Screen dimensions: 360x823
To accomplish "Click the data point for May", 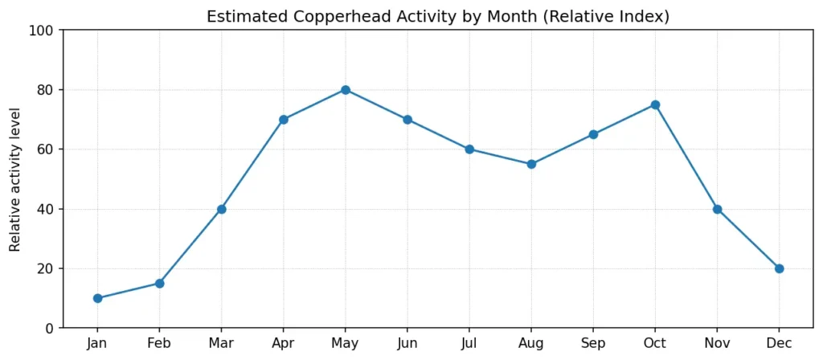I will (346, 90).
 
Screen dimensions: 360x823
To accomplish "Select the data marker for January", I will (97, 298).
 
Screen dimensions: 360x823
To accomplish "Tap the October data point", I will (655, 104).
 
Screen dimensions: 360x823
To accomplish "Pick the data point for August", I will (531, 164).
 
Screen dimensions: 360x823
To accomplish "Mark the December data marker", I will (779, 268).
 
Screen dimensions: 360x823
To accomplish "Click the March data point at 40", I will (221, 209).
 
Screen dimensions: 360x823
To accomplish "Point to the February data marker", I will (159, 283).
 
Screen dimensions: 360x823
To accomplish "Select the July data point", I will (469, 149).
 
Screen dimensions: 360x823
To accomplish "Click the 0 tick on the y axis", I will (50, 328).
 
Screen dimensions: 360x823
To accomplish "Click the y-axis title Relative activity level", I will (14, 179).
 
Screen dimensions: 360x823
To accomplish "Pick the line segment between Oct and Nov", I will (686, 157).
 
